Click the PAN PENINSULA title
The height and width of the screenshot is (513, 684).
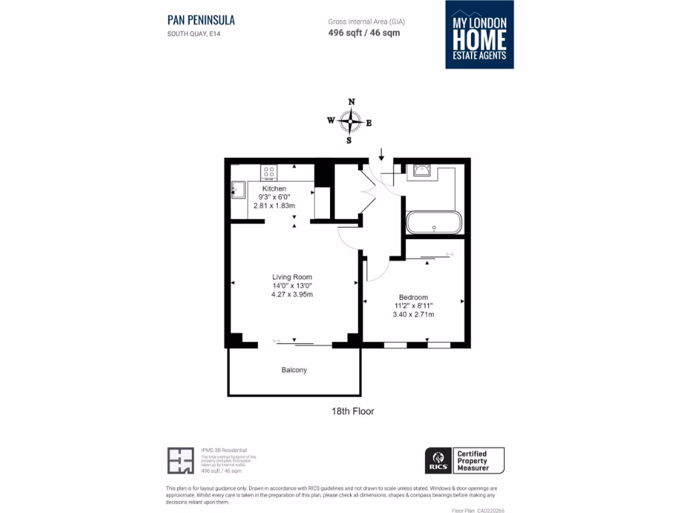point(201,20)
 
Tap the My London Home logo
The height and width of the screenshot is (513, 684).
point(480,35)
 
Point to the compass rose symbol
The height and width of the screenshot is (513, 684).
point(349,122)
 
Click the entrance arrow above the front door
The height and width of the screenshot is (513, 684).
point(381,154)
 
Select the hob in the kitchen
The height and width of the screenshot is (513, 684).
point(269,173)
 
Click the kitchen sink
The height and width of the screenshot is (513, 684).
point(238,190)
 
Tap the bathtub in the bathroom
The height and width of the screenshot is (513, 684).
point(434,222)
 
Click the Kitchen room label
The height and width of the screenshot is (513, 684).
point(274,189)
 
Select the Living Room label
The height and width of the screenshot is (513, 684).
point(292,277)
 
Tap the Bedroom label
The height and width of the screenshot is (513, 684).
point(413,297)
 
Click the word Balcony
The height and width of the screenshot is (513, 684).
point(294,370)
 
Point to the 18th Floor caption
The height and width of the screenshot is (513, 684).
point(353,411)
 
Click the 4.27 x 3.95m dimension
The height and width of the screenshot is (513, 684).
point(292,295)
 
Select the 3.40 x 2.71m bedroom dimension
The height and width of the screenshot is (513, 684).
point(413,315)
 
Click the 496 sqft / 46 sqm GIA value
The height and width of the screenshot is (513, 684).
point(364,33)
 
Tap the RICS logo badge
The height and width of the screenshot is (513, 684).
point(438,460)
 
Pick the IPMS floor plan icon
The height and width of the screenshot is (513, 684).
point(180,460)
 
